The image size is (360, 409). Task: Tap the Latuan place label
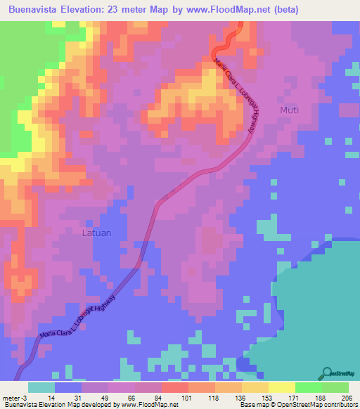[96, 231]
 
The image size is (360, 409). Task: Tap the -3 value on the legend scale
[25, 397]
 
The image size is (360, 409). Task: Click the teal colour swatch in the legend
[41, 387]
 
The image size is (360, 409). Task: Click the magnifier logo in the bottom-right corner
[326, 373]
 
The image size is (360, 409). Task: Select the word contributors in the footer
[340, 405]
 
